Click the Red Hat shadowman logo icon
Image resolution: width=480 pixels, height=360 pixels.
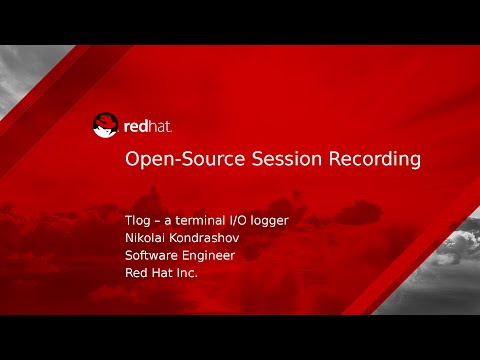(105, 125)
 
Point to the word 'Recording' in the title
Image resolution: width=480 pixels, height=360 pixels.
(369, 159)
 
